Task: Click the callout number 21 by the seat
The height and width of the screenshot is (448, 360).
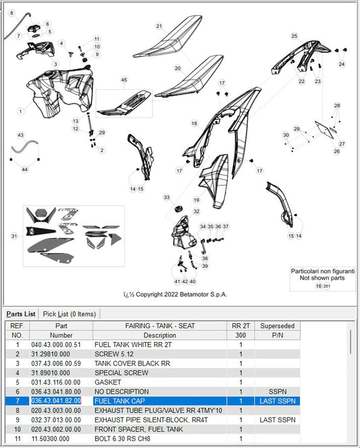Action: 159,26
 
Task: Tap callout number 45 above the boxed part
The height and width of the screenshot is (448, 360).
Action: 124,80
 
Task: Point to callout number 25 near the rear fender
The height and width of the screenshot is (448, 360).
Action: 294,36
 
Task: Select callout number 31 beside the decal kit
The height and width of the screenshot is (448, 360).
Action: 14,236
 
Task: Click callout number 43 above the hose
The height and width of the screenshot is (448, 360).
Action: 20,135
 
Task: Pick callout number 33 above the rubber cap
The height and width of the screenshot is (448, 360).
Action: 166,198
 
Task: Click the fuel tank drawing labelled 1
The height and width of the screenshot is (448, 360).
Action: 60,92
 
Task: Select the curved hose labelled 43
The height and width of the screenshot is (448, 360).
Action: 24,146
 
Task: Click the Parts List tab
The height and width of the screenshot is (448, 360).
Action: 21,314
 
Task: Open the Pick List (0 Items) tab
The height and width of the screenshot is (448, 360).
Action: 70,314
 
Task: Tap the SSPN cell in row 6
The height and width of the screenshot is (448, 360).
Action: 278,392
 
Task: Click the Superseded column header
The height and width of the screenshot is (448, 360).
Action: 278,326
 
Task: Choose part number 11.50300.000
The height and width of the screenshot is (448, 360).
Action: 51,439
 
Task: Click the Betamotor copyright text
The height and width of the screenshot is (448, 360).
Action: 175,295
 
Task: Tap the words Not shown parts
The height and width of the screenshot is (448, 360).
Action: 322,278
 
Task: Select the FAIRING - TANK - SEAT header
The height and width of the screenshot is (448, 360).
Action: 160,326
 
